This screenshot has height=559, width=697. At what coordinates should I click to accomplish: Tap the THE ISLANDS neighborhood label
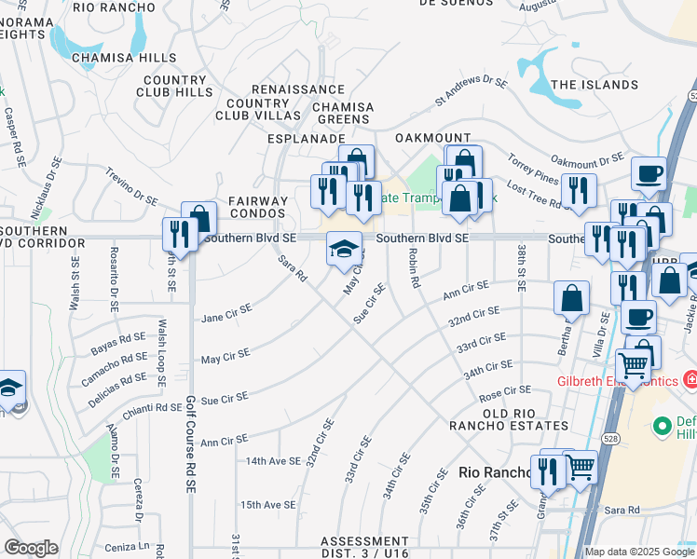(x=594, y=85)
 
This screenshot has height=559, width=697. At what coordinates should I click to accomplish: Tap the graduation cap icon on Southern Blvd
(x=343, y=249)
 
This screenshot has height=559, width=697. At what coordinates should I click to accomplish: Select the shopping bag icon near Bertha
(x=571, y=298)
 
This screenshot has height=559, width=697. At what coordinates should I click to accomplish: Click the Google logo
(x=32, y=548)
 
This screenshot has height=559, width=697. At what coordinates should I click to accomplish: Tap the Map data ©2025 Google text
(x=638, y=552)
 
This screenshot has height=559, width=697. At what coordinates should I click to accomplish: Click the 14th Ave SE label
(x=271, y=461)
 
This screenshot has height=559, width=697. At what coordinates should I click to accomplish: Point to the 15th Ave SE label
(x=268, y=505)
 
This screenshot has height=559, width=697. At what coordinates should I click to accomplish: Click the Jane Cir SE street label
(x=226, y=313)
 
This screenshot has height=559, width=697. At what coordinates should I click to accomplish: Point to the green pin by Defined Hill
(x=663, y=426)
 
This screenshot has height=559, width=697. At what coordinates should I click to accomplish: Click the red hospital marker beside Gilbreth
(x=690, y=380)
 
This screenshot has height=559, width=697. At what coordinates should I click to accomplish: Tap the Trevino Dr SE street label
(x=131, y=186)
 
